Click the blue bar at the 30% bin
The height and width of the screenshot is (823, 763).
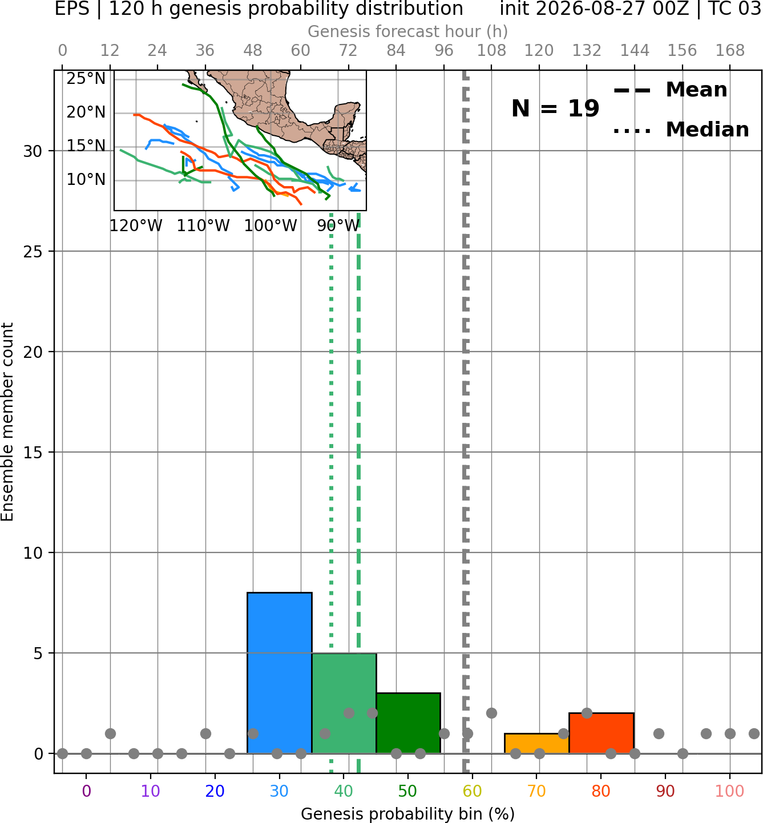click(279, 672)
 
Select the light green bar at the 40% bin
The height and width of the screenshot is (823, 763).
click(344, 703)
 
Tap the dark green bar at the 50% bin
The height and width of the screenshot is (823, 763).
click(408, 723)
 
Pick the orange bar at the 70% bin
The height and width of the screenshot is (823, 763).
click(536, 744)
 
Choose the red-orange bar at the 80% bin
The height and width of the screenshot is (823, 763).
click(601, 733)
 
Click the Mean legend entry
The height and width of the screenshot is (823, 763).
click(670, 90)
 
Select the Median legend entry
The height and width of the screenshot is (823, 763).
click(681, 130)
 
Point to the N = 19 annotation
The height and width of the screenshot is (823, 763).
click(555, 108)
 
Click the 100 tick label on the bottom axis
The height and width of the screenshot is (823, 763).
click(729, 790)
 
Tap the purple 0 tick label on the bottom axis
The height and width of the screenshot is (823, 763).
click(86, 790)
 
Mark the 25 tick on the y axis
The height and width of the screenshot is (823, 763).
click(33, 252)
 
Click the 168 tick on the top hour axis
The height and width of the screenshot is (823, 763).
click(730, 51)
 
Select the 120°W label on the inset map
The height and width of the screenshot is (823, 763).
click(136, 226)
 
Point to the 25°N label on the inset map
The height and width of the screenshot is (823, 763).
click(86, 78)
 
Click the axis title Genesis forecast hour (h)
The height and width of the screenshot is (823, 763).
click(408, 31)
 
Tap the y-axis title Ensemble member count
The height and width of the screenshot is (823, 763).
click(7, 422)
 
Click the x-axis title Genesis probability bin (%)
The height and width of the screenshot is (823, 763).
click(408, 814)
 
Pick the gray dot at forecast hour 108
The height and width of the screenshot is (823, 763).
click(491, 713)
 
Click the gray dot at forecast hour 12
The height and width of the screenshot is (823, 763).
click(110, 733)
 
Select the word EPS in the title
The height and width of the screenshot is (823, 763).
click(72, 9)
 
